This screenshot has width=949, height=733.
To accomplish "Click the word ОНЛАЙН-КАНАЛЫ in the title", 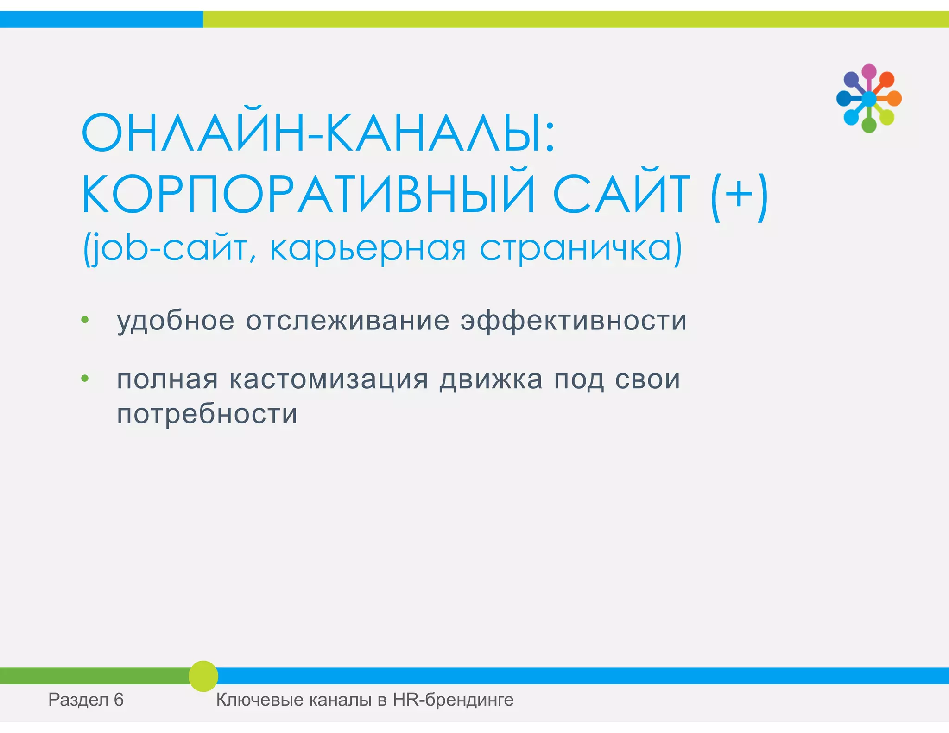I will click(317, 133).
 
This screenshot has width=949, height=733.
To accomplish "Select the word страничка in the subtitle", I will click(579, 249).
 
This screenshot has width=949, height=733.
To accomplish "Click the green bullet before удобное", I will click(85, 320).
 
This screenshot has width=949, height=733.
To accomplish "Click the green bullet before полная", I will click(85, 379).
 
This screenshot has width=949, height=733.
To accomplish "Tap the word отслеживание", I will click(348, 321).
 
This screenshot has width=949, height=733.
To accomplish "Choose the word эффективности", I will click(573, 321).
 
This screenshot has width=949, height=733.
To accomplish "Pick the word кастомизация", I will click(329, 379).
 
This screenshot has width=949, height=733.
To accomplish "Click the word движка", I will click(491, 379).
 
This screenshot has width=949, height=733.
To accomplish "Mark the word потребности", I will click(207, 414).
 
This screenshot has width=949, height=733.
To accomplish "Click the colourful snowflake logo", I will click(869, 99).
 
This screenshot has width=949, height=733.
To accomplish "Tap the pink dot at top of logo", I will click(869, 71).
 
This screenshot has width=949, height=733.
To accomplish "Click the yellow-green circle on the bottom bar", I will click(203, 676).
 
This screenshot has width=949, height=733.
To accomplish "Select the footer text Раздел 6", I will click(86, 700).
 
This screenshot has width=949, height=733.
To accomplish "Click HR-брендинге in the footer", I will click(453, 700).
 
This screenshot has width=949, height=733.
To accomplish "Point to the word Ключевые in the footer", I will click(259, 700).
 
